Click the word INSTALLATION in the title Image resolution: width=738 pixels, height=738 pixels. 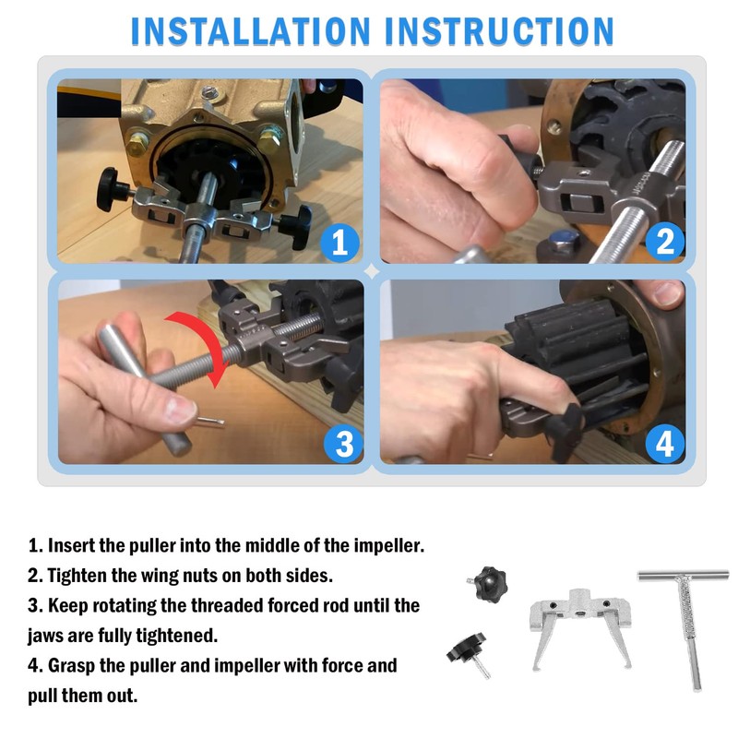(250, 31)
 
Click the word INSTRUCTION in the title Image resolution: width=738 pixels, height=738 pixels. (499, 31)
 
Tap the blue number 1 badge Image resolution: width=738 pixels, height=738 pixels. (339, 243)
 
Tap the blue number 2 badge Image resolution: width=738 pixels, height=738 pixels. (664, 242)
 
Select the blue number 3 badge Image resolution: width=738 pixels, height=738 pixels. (344, 444)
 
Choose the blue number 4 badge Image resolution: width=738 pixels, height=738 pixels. (664, 444)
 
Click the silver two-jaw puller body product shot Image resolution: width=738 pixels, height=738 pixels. (581, 626)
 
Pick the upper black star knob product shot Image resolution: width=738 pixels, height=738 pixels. (490, 584)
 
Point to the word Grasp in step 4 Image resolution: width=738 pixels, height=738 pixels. (71, 666)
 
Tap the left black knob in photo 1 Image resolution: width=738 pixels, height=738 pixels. (111, 189)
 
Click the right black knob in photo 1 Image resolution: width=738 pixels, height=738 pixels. (297, 226)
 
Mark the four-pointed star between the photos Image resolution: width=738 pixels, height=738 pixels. (372, 271)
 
